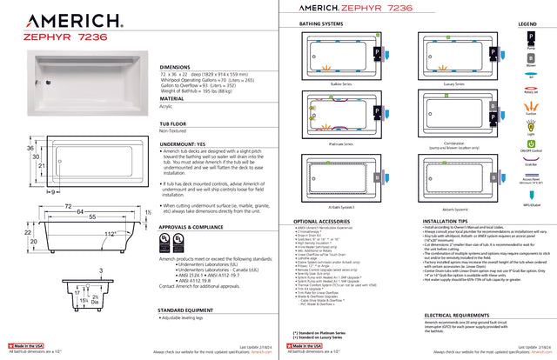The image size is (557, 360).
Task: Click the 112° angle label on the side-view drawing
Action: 110,234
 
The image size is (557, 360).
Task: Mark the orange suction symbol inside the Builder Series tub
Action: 328,68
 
